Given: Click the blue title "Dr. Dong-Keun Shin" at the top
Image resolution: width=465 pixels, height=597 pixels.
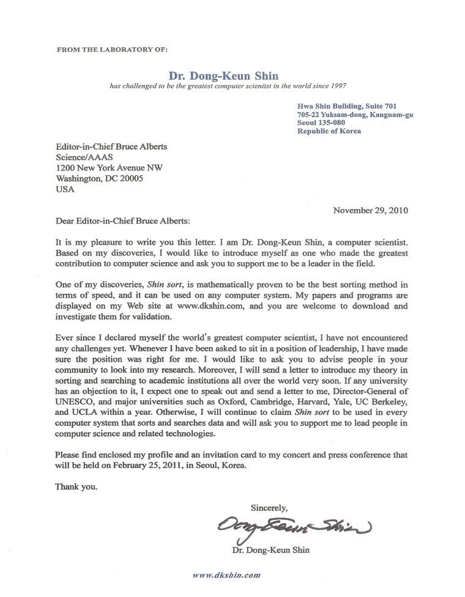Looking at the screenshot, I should (226, 76).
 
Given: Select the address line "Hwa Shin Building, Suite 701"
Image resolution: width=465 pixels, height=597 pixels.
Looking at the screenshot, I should (346, 105).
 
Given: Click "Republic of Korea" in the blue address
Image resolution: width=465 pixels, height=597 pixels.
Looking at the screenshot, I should (329, 131).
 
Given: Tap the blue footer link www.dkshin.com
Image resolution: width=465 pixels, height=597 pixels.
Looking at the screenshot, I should (226, 575).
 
